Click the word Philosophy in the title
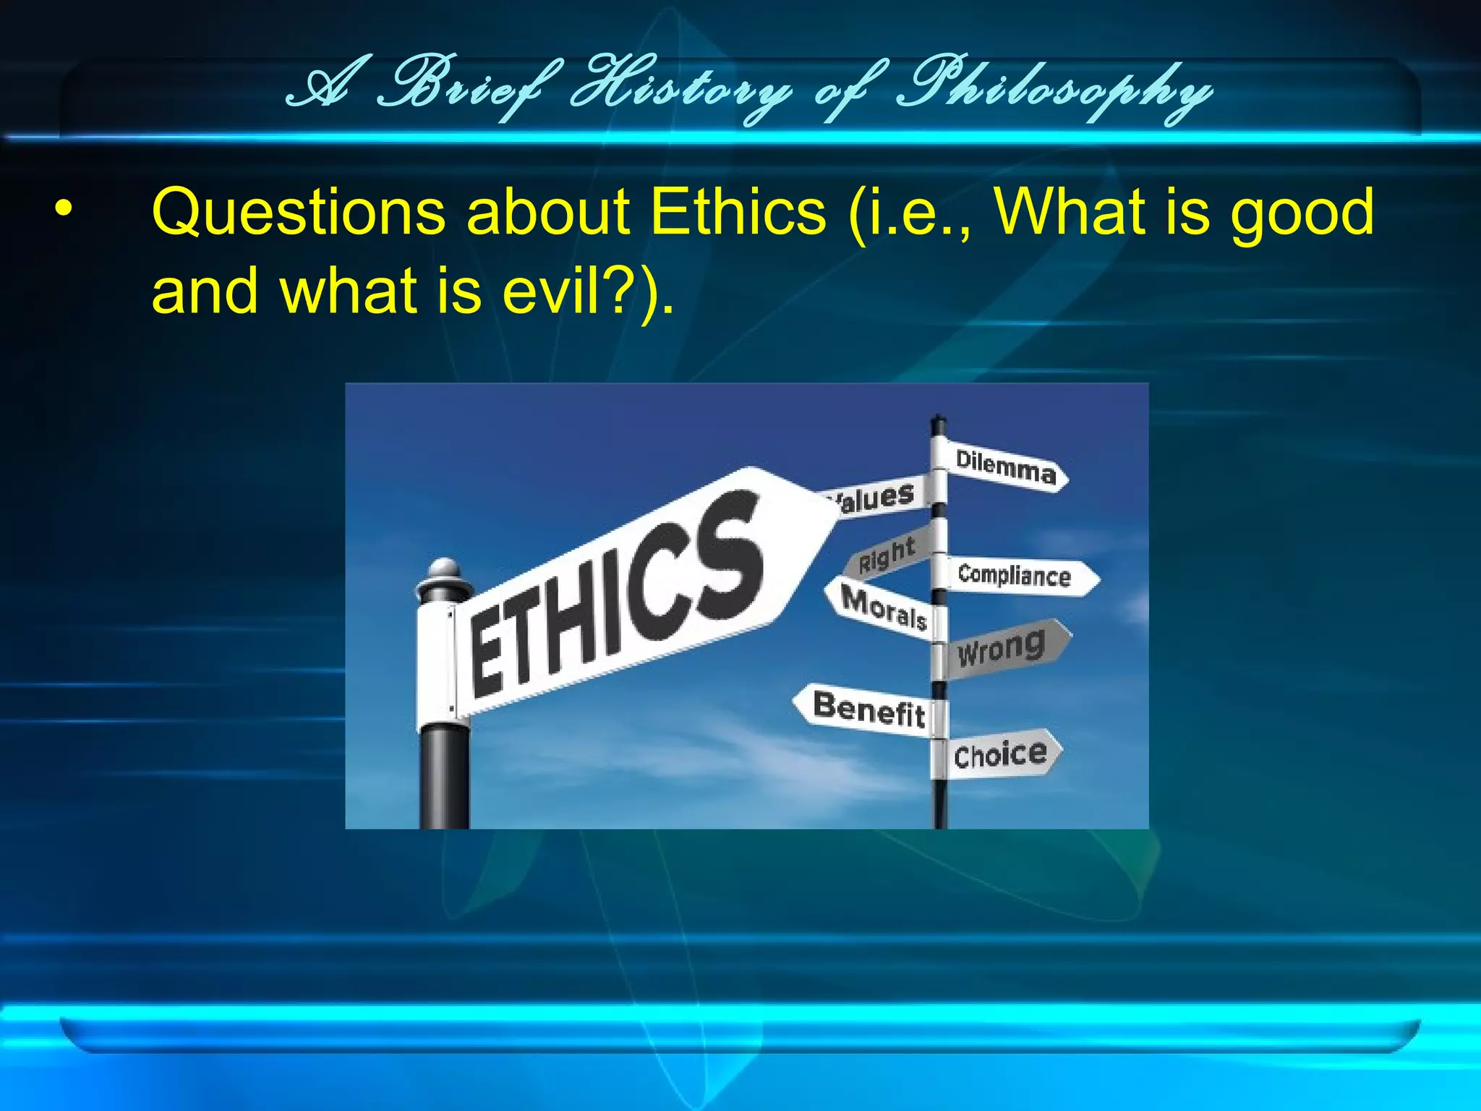(1052, 90)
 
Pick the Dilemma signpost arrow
(1005, 467)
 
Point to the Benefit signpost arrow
(868, 709)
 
